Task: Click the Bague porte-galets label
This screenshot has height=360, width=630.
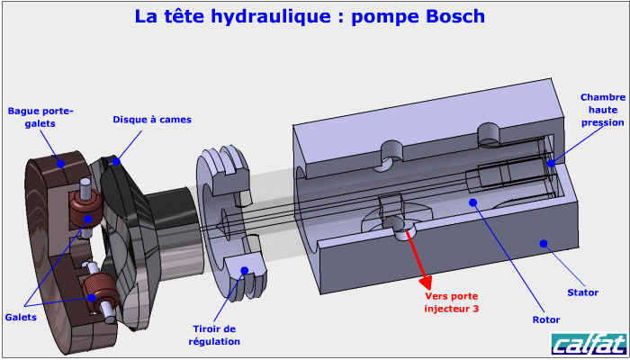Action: pos(40,117)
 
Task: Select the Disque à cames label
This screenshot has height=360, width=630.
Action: pos(152,119)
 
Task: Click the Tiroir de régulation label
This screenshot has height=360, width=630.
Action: pos(214,335)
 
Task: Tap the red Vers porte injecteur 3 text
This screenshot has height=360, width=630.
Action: pos(452,302)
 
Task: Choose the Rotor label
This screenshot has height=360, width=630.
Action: pos(546,319)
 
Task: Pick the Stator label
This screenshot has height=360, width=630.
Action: pos(583,292)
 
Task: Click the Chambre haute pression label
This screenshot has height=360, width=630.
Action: pos(602,110)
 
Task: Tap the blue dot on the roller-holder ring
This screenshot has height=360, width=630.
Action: pos(59,163)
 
